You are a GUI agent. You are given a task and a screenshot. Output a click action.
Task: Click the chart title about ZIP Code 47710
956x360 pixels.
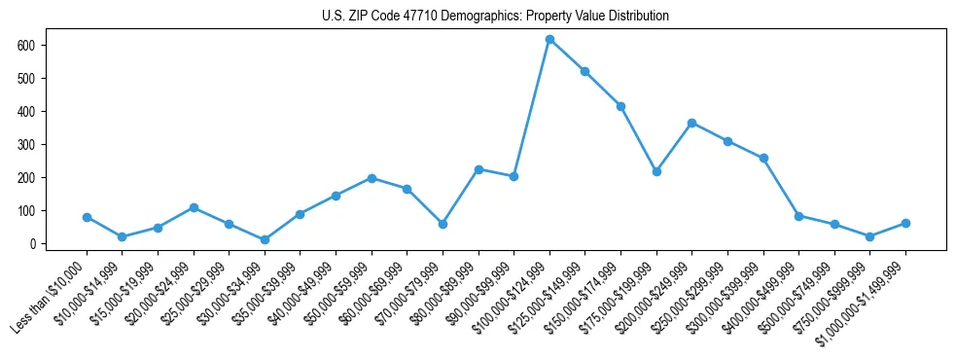point(495,17)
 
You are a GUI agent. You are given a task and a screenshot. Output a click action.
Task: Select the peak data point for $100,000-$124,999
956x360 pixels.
point(549,39)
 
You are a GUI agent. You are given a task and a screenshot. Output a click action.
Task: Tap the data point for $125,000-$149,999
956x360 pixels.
point(584,71)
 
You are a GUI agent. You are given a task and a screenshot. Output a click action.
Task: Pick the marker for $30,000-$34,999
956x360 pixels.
point(265,239)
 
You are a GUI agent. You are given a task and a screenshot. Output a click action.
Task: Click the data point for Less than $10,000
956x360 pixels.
point(87,217)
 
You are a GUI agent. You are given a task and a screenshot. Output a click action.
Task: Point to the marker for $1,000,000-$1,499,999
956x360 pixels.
point(905,223)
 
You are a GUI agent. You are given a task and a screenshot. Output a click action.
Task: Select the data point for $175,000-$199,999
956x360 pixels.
point(656,171)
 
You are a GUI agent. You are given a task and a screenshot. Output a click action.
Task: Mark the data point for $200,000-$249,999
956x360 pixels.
point(691,123)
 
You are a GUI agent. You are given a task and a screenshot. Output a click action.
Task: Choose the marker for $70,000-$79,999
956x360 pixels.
point(443,224)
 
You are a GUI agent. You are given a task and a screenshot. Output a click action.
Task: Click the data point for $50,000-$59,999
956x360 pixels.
point(372,178)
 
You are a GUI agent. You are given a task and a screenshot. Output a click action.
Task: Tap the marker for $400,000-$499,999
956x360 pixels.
point(798,216)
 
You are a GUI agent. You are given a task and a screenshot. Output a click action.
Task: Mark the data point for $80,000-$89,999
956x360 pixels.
point(478,169)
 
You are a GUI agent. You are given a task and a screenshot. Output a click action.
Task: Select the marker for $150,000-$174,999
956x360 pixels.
point(620,106)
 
